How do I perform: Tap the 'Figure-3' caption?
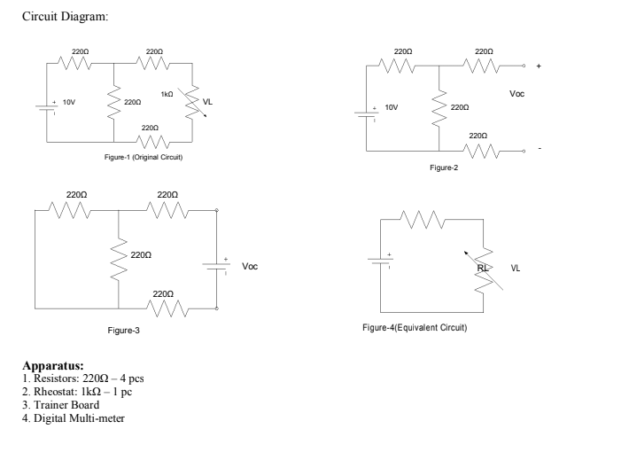pos(123,330)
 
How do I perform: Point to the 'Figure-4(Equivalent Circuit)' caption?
pos(415,327)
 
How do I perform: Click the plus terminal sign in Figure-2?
pos(538,66)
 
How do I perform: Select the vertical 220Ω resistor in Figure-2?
pos(439,108)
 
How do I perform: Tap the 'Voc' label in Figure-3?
pos(250,265)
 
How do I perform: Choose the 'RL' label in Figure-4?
pos(482,265)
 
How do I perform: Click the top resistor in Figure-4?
pos(422,219)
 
